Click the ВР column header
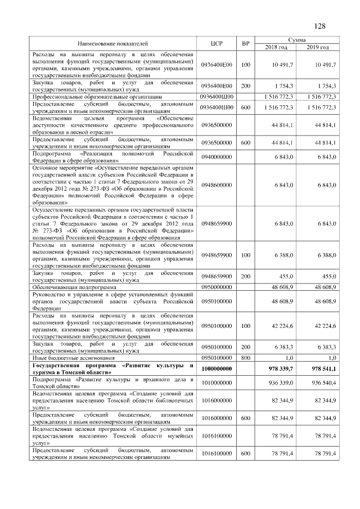[x=245, y=43]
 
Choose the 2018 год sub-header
[x=276, y=47]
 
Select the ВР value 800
[x=245, y=358]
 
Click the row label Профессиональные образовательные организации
[x=93, y=97]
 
